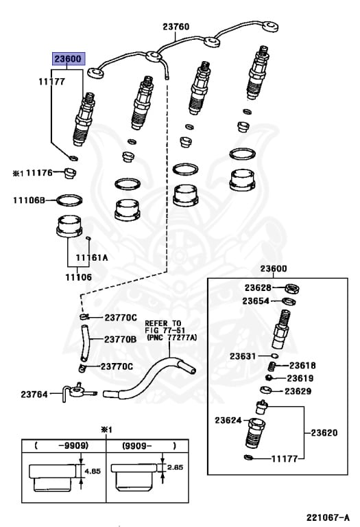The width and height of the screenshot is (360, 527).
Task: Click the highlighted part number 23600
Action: click(x=69, y=59)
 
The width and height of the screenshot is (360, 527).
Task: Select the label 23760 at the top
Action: click(x=176, y=27)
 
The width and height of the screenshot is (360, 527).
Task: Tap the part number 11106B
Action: click(x=28, y=200)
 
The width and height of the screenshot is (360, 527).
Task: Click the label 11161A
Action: click(x=92, y=258)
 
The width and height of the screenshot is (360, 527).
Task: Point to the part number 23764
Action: click(x=34, y=394)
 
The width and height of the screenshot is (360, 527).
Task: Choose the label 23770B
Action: click(x=121, y=339)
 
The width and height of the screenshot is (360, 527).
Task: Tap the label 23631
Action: click(x=243, y=356)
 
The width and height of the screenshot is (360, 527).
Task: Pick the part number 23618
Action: click(x=302, y=366)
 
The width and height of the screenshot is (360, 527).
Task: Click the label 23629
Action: click(x=298, y=391)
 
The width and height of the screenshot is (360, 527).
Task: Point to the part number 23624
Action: click(x=228, y=420)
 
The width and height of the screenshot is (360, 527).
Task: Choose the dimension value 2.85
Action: click(x=176, y=467)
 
